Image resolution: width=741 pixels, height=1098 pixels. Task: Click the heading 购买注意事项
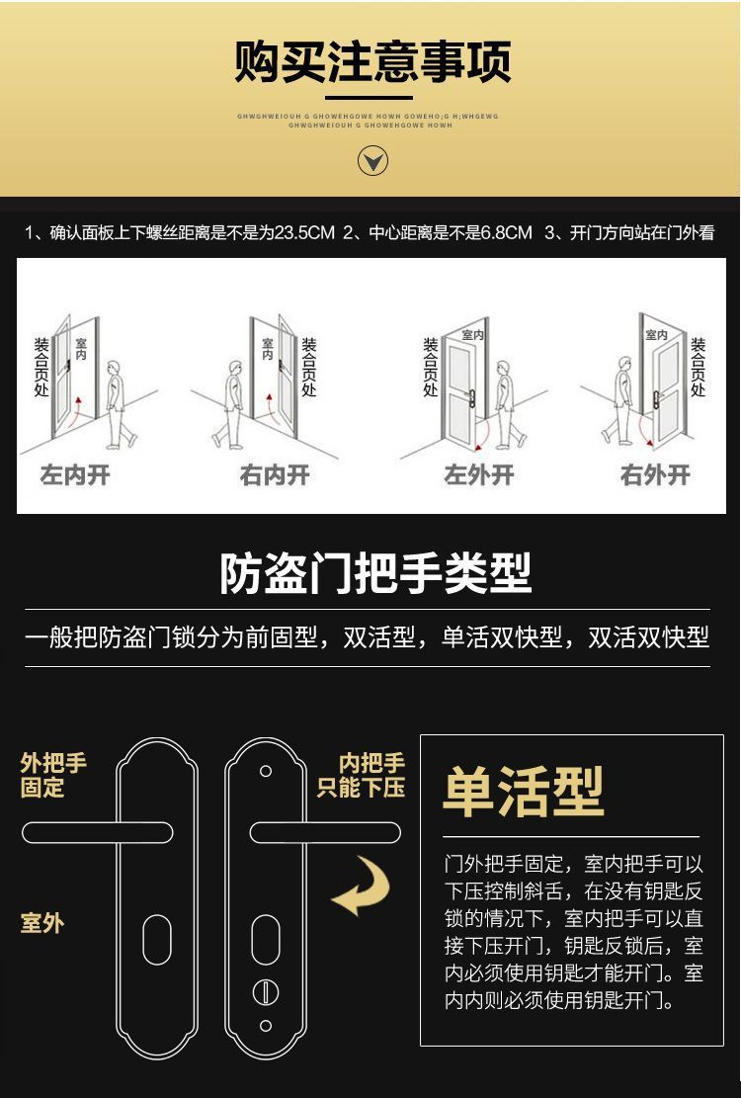point(372,61)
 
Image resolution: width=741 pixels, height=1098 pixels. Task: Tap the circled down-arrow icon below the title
point(372,161)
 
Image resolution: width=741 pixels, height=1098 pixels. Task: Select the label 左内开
point(75,475)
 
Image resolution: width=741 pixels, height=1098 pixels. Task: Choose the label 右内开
point(275,475)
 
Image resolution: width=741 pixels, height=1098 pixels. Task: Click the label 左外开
point(479,475)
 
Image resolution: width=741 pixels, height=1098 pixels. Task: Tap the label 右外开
point(655,475)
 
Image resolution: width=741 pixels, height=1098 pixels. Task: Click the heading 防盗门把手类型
point(375,573)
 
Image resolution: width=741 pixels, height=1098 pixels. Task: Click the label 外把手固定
point(53,776)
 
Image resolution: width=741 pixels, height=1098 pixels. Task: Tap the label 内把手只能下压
point(362,776)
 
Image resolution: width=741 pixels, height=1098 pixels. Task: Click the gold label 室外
point(41,923)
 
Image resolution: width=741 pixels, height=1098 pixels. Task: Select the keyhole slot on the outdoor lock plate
point(157,939)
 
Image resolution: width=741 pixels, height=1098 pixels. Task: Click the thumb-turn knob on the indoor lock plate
point(265,991)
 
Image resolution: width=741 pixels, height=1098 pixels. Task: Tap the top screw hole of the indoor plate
point(265,771)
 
